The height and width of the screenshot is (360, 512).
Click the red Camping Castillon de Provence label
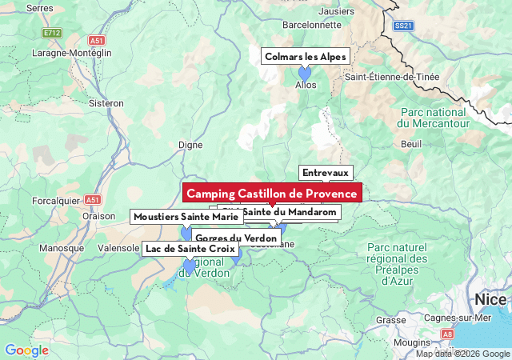pyautogui.click(x=272, y=194)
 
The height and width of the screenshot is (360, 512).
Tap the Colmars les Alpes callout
pyautogui.click(x=305, y=57)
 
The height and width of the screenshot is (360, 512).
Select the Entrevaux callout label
pyautogui.click(x=326, y=173)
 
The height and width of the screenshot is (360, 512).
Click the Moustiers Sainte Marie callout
pyautogui.click(x=186, y=217)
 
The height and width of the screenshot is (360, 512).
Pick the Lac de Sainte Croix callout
pyautogui.click(x=190, y=249)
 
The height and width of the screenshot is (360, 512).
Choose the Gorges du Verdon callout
pyautogui.click(x=236, y=238)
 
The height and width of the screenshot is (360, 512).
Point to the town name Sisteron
pyautogui.click(x=106, y=103)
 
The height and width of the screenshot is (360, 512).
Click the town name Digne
pyautogui.click(x=190, y=145)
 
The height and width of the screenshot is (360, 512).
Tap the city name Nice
pyautogui.click(x=490, y=299)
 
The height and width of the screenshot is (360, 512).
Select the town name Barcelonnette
pyautogui.click(x=312, y=24)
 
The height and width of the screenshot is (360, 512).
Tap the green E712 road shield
pyautogui.click(x=52, y=33)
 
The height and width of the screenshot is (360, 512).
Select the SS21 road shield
pyautogui.click(x=404, y=26)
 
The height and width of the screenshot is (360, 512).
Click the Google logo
pyautogui.click(x=26, y=350)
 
